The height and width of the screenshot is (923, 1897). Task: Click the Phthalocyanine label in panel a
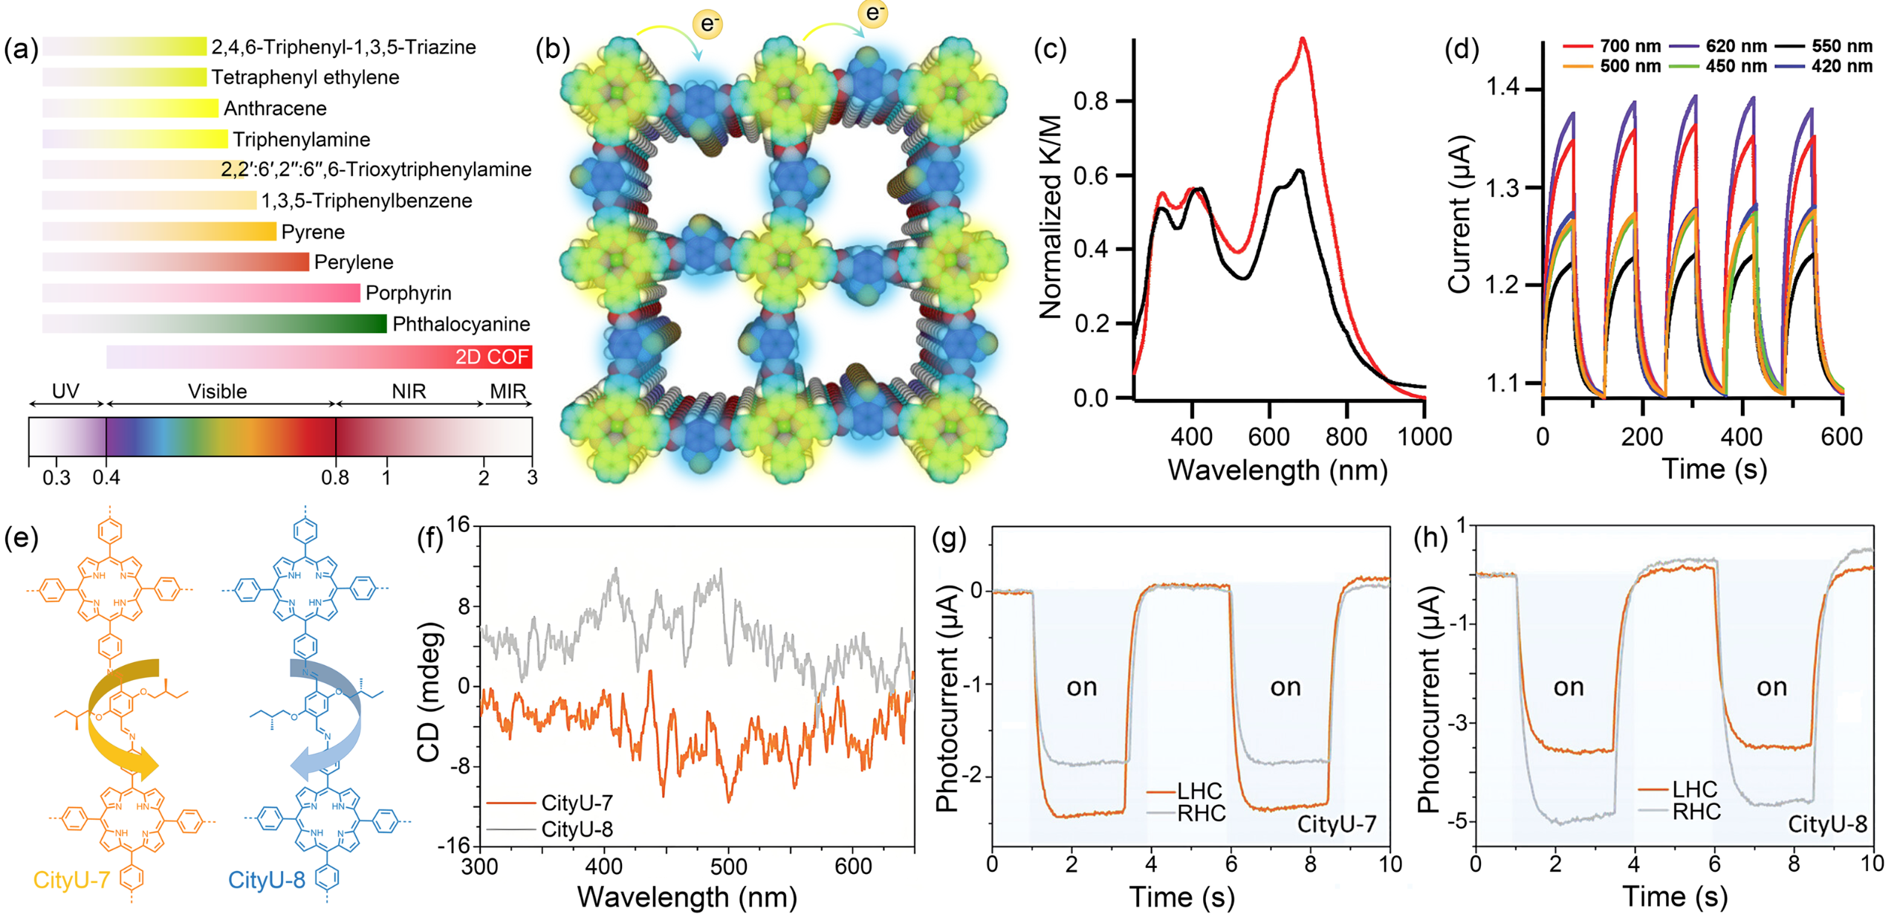click(461, 324)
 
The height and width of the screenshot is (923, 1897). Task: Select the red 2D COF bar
click(320, 357)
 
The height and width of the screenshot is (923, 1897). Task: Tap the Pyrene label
click(313, 232)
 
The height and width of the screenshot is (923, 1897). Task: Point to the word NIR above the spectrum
click(409, 392)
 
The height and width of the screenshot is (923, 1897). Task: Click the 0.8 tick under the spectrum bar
click(335, 477)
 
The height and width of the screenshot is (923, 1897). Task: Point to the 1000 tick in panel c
click(1424, 436)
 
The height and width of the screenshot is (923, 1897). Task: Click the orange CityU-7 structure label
click(71, 880)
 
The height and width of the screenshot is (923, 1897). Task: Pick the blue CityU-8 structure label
click(266, 880)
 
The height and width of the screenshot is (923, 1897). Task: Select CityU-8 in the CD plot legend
click(577, 829)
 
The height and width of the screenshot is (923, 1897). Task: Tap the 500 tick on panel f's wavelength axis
click(728, 867)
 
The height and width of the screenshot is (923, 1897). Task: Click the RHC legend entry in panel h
click(1696, 812)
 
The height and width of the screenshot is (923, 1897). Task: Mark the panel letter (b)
click(552, 49)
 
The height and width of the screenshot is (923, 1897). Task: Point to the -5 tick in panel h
click(1456, 820)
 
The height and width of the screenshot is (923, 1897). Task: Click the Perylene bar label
click(354, 262)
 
